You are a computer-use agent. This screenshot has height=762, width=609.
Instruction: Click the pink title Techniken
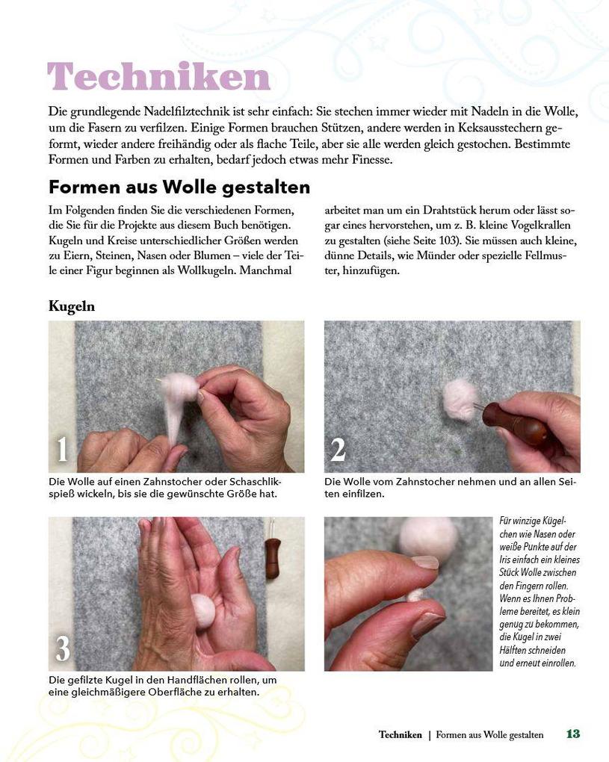pos(158,78)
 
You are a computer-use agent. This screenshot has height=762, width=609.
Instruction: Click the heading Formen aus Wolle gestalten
pos(179,186)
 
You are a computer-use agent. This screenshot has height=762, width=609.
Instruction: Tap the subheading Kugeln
pos(72,306)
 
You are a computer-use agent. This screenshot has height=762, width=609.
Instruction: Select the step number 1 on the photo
pos(63,450)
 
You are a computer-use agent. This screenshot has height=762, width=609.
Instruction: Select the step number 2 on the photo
pos(338,450)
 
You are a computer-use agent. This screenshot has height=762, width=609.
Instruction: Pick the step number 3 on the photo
pos(63,648)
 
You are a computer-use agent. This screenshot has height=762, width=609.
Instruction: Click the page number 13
pos(572,734)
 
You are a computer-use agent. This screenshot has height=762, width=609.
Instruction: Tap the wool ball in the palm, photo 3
pos(203,609)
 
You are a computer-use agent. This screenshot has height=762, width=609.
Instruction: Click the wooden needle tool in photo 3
pos(273,556)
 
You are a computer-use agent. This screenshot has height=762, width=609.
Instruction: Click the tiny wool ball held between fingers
pos(414,595)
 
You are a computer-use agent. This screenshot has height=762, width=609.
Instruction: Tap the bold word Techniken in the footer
pos(400,735)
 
